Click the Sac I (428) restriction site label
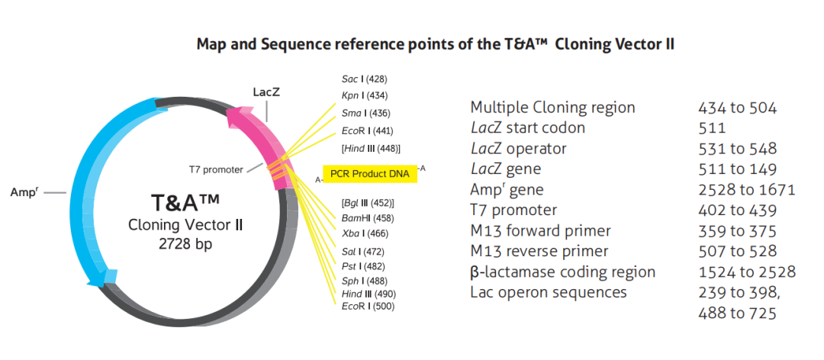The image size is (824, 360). [x=364, y=79]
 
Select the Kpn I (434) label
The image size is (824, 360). [x=365, y=95]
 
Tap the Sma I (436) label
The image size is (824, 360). [x=365, y=113]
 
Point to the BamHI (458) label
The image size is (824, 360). [x=367, y=217]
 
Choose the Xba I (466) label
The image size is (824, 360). [x=365, y=233]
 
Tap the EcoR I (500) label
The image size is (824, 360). [x=368, y=306]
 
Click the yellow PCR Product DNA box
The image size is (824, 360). [x=370, y=174]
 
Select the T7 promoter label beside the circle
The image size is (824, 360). [x=217, y=170]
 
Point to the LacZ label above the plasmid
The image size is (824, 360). [x=266, y=92]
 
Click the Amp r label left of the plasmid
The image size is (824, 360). [x=24, y=192]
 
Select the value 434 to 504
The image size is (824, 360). [x=737, y=108]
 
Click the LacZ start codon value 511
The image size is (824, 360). [x=712, y=128]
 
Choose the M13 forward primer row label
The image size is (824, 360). [x=541, y=230]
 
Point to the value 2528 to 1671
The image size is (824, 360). [x=747, y=190]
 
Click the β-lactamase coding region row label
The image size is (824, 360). [x=563, y=272]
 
